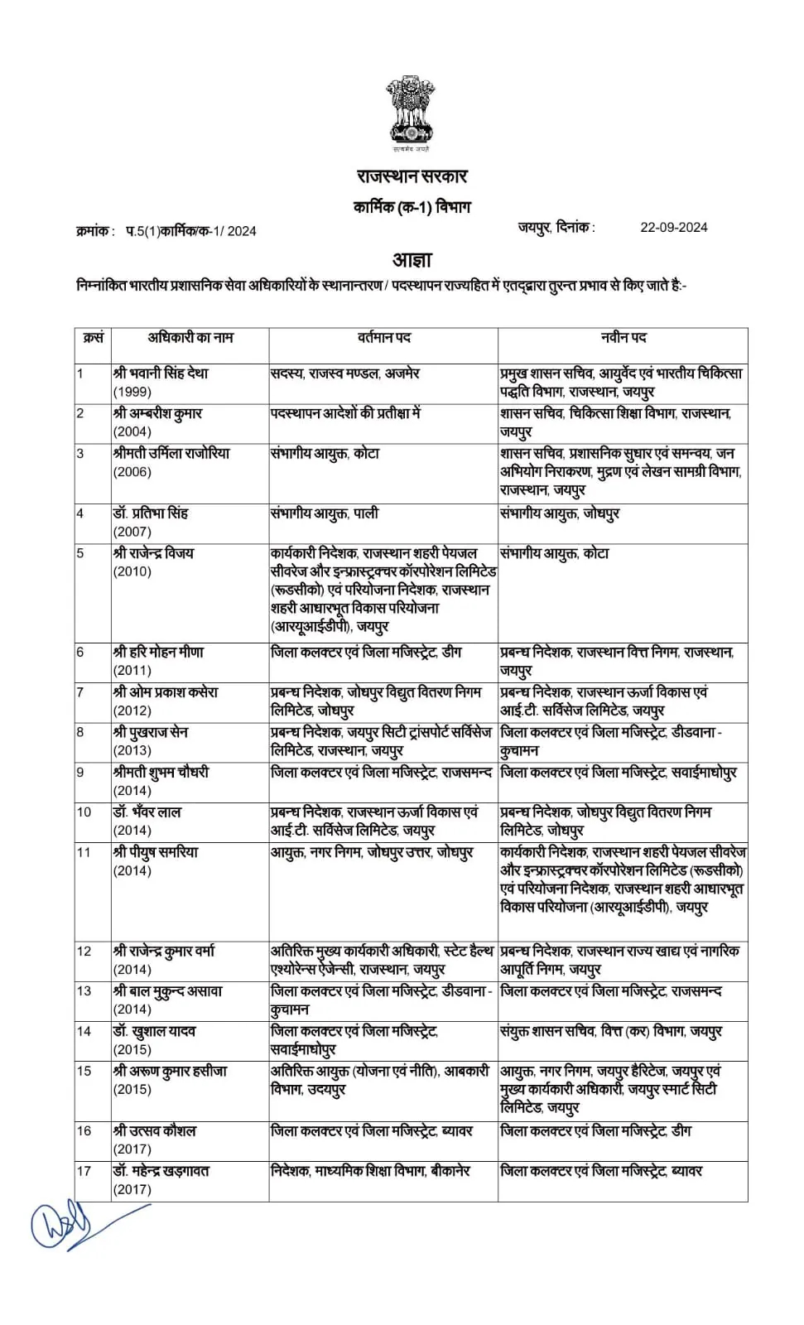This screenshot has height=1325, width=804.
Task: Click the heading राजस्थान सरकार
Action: click(x=412, y=176)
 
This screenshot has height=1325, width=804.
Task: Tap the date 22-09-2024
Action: click(x=673, y=228)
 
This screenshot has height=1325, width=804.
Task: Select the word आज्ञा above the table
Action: click(x=412, y=260)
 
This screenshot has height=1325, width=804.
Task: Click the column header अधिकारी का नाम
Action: click(x=190, y=338)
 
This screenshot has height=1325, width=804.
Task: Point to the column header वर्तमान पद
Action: click(x=383, y=338)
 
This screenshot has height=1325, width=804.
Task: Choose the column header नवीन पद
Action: click(x=623, y=338)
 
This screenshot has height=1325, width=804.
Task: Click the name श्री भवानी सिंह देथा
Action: click(x=161, y=373)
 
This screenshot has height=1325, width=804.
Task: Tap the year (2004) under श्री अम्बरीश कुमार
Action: click(x=132, y=431)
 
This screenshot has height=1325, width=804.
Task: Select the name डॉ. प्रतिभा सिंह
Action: click(x=151, y=513)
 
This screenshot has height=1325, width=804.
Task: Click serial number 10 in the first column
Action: click(x=84, y=812)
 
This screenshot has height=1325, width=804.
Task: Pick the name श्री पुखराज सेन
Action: click(x=151, y=732)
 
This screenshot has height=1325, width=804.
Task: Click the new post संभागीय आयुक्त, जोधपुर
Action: click(x=560, y=513)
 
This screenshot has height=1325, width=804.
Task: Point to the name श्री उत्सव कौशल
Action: click(x=155, y=1131)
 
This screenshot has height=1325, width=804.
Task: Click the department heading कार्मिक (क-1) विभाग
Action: click(x=412, y=207)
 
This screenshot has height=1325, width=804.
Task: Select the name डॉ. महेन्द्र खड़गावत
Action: click(x=161, y=1171)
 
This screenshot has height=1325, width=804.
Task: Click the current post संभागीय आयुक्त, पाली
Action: click(x=325, y=513)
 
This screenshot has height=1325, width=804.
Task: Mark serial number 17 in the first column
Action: click(x=84, y=1172)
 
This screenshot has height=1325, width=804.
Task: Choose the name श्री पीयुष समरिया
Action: click(x=156, y=852)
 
